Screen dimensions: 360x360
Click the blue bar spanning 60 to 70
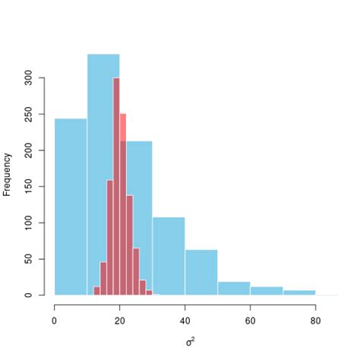pos(267,291)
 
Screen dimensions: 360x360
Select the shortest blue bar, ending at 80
pos(299,292)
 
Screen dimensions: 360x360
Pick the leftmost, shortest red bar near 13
pos(96,291)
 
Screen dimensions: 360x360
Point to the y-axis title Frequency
pos(8,175)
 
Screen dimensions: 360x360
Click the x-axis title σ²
pos(190,341)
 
